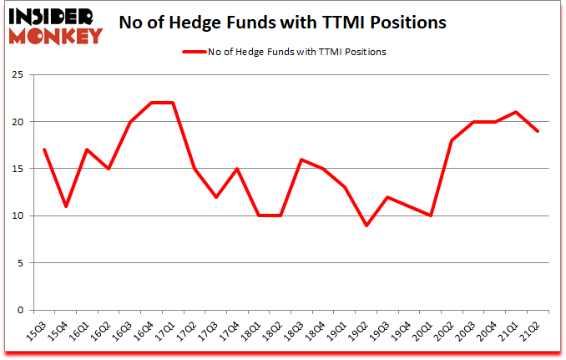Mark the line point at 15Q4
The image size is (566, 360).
pos(65,206)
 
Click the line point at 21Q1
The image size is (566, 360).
pos(518,112)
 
